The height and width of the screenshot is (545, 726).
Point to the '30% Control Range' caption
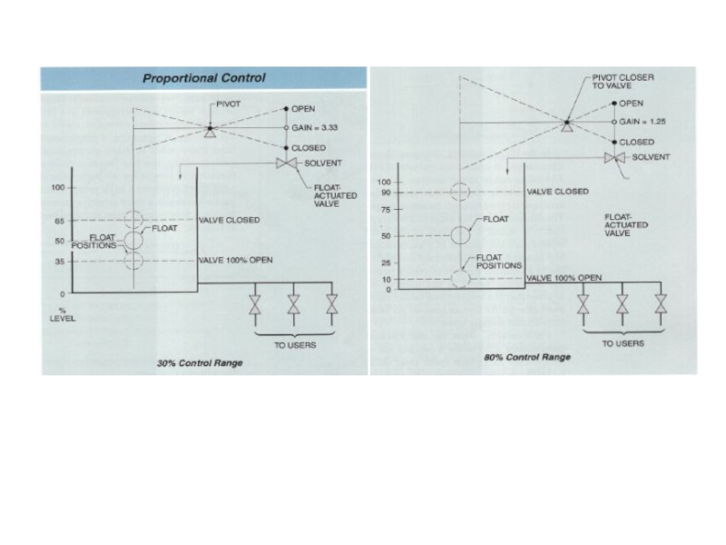201,363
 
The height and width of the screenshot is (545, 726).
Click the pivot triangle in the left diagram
210,134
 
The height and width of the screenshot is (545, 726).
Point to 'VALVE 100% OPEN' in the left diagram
236,261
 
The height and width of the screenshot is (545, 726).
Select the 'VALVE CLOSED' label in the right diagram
558,192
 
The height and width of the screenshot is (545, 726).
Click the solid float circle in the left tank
133,240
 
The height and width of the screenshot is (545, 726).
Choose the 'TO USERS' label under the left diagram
294,345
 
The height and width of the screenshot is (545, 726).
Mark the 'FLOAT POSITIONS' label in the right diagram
499,262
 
